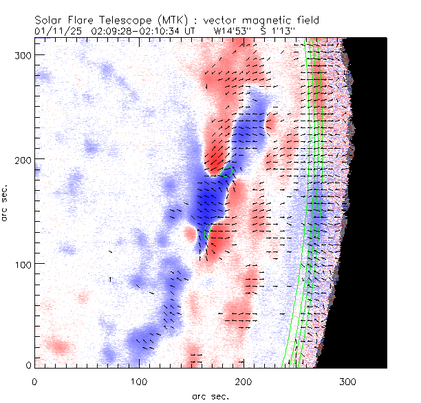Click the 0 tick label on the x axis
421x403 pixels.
(x=34, y=380)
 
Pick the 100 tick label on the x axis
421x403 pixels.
(x=139, y=380)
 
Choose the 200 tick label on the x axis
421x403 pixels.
(x=244, y=380)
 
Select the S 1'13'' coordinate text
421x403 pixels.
(x=279, y=31)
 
